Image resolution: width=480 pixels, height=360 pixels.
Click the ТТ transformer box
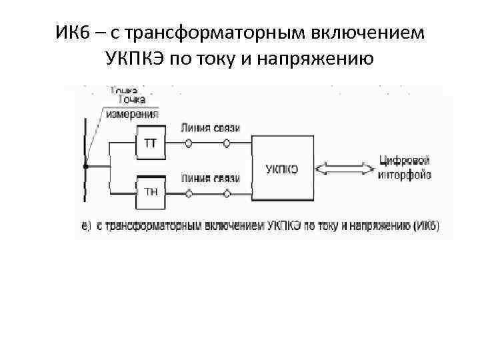[150, 144]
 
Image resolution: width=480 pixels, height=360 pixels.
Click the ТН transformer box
[151, 192]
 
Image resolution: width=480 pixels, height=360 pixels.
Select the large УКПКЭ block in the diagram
[281, 169]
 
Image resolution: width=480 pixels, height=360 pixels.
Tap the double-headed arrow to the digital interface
[346, 169]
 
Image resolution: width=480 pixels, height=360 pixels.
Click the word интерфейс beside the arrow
[405, 175]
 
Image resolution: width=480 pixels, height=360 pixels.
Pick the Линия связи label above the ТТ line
[210, 129]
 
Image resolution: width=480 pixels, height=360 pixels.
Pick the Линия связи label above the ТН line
[210, 178]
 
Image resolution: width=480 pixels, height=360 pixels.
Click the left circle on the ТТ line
[189, 143]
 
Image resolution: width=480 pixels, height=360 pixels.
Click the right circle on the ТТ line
[227, 143]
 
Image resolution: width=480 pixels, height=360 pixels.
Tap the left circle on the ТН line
[189, 193]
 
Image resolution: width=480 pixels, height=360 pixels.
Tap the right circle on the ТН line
[227, 193]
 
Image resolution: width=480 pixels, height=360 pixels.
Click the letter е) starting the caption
[85, 226]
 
